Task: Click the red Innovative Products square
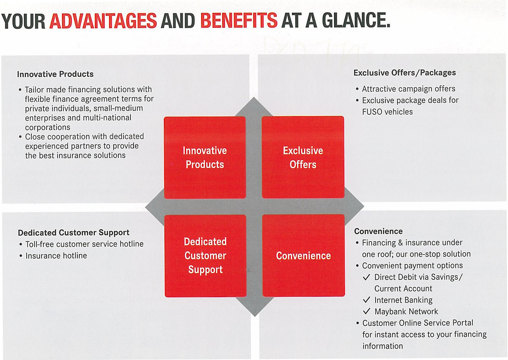pyautogui.click(x=205, y=158)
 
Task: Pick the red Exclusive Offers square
pyautogui.click(x=303, y=157)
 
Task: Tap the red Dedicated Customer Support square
pyautogui.click(x=205, y=256)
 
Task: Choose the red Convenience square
pyautogui.click(x=304, y=255)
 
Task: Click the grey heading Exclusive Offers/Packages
pyautogui.click(x=405, y=73)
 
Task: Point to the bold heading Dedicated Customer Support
pyautogui.click(x=74, y=233)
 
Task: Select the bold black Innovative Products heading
pyautogui.click(x=55, y=74)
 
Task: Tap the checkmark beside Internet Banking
pyautogui.click(x=367, y=300)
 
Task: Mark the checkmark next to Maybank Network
pyautogui.click(x=367, y=311)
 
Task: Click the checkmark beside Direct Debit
pyautogui.click(x=367, y=277)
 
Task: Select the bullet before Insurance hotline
pyautogui.click(x=21, y=256)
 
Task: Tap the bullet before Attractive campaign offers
pyautogui.click(x=357, y=89)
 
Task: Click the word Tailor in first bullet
pyautogui.click(x=34, y=90)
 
